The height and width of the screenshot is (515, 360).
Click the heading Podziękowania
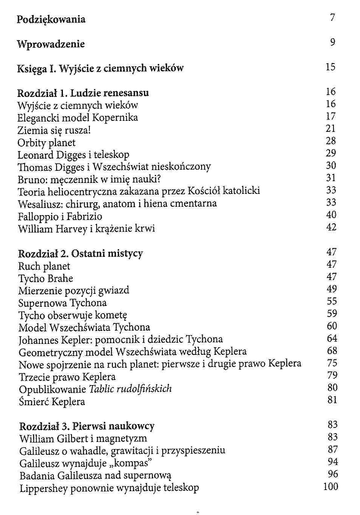coord(51,20)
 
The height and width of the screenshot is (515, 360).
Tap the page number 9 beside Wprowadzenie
coord(332,42)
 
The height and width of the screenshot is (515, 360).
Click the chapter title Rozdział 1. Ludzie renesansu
coord(83,93)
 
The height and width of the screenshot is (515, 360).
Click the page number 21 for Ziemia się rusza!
coord(331,129)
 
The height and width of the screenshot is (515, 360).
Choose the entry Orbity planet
coord(47,143)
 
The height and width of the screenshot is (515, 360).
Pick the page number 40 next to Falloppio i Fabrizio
coord(331,215)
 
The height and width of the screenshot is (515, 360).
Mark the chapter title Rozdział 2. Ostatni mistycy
coord(81,253)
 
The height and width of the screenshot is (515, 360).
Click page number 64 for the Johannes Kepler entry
coord(332,338)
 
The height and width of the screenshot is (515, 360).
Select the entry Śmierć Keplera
coord(52,401)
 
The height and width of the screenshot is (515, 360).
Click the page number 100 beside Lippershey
coord(330,487)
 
